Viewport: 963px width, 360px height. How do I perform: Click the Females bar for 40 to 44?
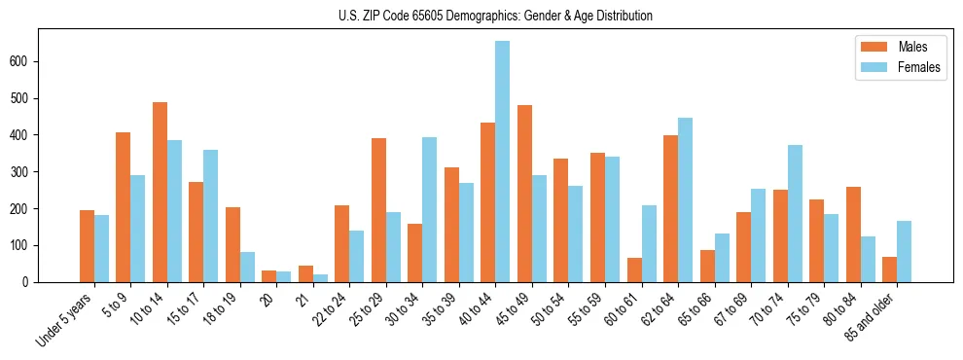click(503, 162)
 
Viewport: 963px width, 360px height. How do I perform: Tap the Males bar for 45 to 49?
click(524, 194)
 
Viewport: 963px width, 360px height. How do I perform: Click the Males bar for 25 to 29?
click(378, 210)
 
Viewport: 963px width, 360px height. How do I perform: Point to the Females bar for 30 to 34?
click(430, 209)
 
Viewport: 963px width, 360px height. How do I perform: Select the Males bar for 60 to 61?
click(634, 270)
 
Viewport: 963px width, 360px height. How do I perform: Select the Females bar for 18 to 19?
click(247, 267)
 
